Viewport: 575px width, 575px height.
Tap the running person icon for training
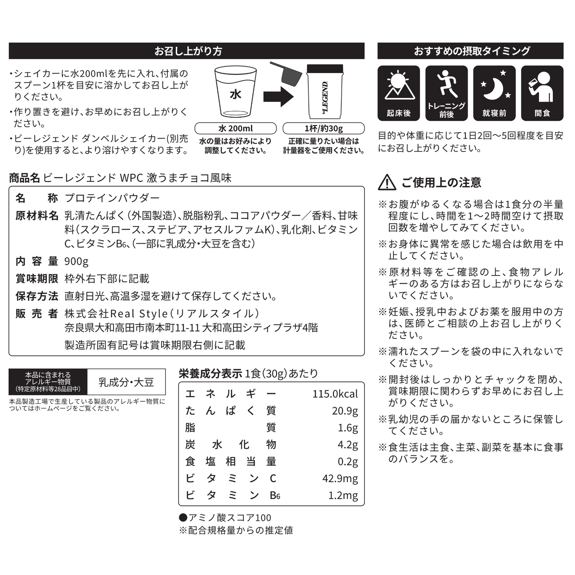(447, 84)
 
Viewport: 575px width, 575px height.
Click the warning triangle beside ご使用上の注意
(387, 182)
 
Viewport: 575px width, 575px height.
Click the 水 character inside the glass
(235, 94)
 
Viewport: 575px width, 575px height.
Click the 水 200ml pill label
(235, 128)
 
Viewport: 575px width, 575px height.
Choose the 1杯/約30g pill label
(324, 128)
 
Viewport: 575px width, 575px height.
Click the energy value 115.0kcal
(335, 394)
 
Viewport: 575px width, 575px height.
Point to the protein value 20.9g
(345, 411)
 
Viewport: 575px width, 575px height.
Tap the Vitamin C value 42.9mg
(340, 478)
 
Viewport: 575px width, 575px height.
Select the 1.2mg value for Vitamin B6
(343, 495)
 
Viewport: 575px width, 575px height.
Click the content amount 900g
(76, 261)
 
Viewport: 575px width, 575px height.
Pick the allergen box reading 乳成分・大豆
(126, 382)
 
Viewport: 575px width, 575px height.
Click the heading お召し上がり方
(188, 51)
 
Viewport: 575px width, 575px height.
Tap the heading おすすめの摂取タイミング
(472, 51)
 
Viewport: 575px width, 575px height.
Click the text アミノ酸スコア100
(229, 518)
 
